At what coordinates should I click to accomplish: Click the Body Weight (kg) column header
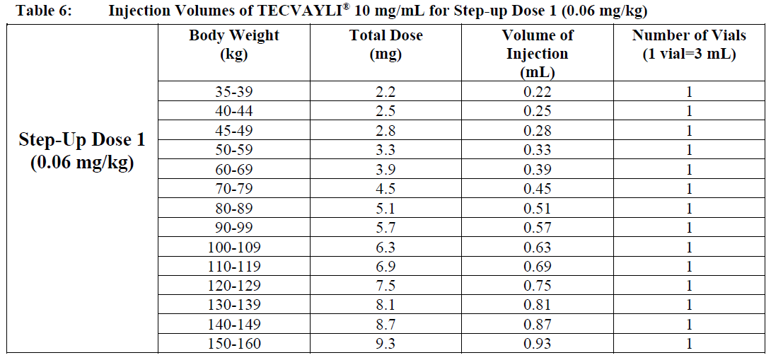(x=233, y=45)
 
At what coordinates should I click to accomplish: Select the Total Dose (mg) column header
(x=385, y=45)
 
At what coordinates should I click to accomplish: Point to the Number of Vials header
(x=688, y=45)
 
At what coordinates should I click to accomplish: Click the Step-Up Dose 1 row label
(x=82, y=151)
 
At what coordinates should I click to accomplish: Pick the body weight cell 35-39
(x=233, y=91)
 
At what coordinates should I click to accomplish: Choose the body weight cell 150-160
(x=233, y=344)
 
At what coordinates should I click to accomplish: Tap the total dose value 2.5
(x=385, y=111)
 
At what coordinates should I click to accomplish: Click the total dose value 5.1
(x=385, y=208)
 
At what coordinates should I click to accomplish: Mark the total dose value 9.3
(x=385, y=344)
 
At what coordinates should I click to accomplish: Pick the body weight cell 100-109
(x=233, y=247)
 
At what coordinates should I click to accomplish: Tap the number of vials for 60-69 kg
(x=688, y=169)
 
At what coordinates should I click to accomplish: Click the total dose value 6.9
(x=385, y=267)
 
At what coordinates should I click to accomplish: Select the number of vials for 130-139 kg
(x=688, y=305)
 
